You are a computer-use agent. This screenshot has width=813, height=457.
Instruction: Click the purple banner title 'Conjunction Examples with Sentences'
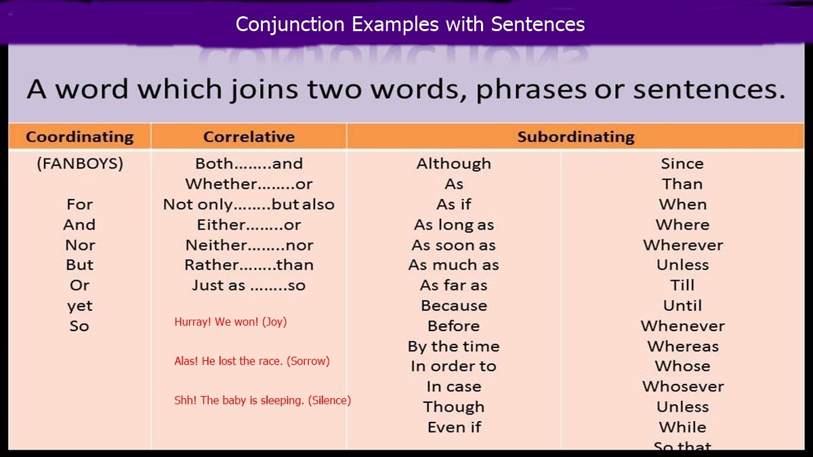tap(410, 25)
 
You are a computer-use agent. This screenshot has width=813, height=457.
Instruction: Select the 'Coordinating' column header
tap(79, 137)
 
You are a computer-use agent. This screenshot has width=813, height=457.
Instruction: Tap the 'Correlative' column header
tap(249, 137)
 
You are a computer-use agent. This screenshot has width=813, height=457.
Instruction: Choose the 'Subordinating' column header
tap(575, 137)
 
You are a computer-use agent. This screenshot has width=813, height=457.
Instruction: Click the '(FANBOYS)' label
tap(79, 164)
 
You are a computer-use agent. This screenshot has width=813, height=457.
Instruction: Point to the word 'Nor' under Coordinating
tap(79, 245)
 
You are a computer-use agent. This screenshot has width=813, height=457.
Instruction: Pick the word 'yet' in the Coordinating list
tap(79, 306)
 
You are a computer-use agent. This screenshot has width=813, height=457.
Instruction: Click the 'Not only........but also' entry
tap(249, 204)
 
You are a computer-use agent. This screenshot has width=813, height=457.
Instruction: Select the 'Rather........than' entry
tap(249, 265)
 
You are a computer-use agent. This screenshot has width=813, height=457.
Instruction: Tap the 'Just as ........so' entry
tap(249, 286)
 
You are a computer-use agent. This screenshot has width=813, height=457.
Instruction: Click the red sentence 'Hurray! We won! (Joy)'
tap(230, 322)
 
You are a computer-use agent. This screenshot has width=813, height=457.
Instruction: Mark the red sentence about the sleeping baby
tap(262, 401)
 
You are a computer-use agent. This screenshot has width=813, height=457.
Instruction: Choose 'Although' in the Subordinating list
tap(453, 164)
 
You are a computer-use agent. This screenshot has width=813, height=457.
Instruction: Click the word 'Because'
tap(453, 306)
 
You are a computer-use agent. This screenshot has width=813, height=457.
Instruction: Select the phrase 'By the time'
tap(453, 347)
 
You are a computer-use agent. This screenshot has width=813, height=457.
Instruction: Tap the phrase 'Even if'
tap(453, 428)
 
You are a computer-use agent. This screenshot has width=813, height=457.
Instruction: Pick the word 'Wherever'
tap(682, 245)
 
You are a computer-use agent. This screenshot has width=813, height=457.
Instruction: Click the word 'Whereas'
tap(682, 347)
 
